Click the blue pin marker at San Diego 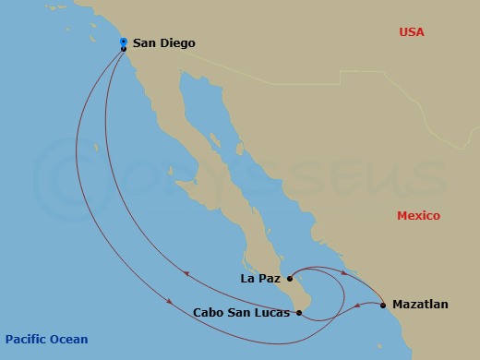coord(124,42)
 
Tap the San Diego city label coord(163,42)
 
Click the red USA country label coord(411,32)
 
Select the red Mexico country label coord(418,215)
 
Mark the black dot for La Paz coord(290,277)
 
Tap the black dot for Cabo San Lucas coord(298,313)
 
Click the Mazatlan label coord(420,303)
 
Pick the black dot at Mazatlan coord(383,304)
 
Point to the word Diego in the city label coord(177,42)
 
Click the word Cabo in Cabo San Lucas coord(209,313)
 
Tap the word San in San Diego coord(145,42)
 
